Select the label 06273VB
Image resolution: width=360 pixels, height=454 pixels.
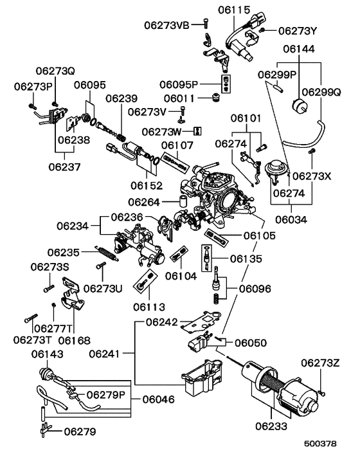(167, 25)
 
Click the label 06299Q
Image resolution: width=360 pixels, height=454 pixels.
(321, 92)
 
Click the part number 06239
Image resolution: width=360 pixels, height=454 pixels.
(122, 98)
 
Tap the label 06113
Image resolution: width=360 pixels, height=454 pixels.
(149, 306)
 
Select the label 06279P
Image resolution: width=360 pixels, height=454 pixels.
(107, 394)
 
